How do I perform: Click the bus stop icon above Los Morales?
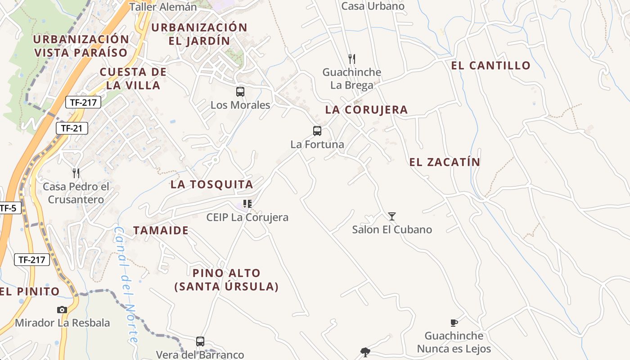240,92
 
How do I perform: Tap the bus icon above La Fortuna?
317,131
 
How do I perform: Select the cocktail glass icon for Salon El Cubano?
392,216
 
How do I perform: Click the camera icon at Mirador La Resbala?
62,310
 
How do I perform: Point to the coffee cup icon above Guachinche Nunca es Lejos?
454,323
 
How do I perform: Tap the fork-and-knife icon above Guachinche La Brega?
352,58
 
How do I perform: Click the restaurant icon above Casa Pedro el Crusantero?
76,173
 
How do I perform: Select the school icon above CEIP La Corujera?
247,204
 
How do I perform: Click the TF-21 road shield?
72,128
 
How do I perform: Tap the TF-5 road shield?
8,208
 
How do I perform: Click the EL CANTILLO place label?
491,66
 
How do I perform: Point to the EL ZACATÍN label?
445,162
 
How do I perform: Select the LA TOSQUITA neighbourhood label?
211,184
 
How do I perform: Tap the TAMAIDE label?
161,230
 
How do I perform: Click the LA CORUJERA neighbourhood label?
366,110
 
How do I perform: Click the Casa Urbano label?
373,6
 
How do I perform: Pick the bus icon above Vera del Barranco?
200,342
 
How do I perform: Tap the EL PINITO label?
30,292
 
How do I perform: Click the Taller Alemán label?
163,7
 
